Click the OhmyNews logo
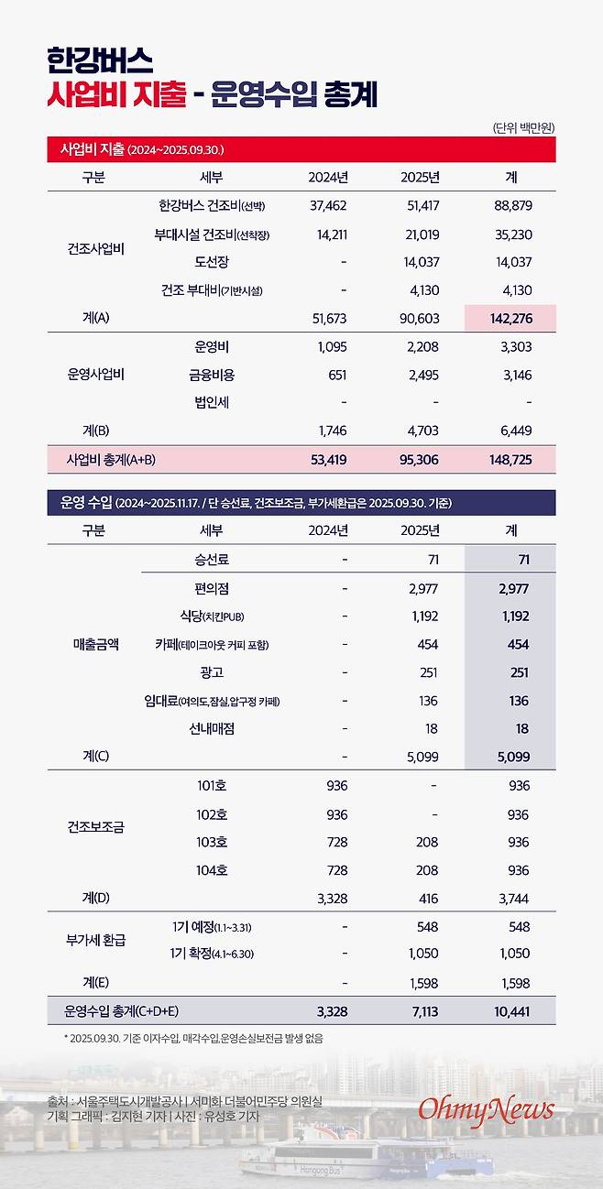pyautogui.click(x=487, y=1109)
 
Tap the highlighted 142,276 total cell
pyautogui.click(x=510, y=319)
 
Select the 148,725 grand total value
pyautogui.click(x=510, y=459)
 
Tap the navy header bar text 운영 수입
pyautogui.click(x=84, y=503)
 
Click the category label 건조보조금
pyautogui.click(x=95, y=826)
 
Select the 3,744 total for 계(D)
pyautogui.click(x=512, y=898)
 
